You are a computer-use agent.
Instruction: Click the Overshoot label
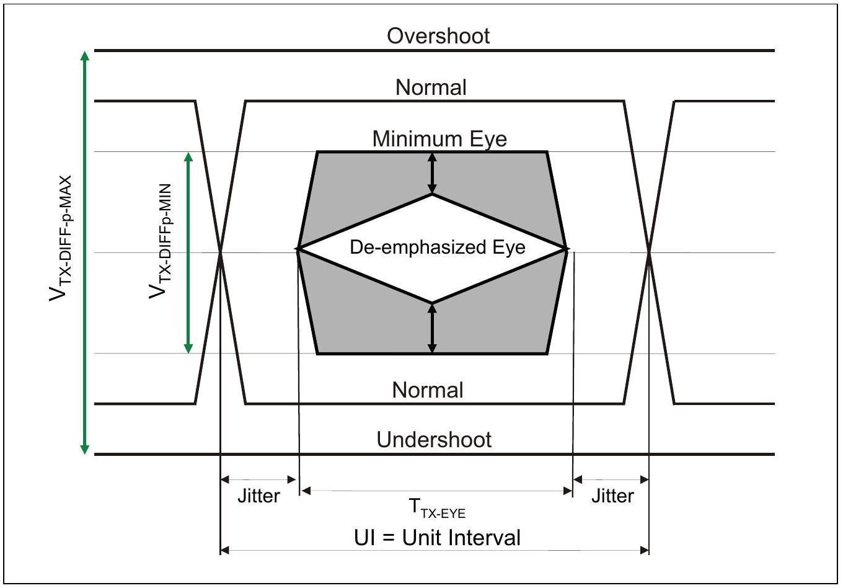click(438, 36)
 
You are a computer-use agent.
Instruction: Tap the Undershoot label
click(434, 440)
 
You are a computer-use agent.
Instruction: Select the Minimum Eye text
click(439, 138)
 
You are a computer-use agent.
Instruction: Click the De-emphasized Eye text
click(438, 247)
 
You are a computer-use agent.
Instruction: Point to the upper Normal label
click(431, 87)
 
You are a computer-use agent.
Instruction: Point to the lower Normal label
click(428, 390)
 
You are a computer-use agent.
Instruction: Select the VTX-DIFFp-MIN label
click(161, 241)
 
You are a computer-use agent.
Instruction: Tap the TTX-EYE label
click(437, 508)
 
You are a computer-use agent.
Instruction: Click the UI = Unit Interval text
click(438, 538)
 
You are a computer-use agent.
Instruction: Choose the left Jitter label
click(259, 496)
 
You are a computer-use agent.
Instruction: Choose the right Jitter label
click(612, 496)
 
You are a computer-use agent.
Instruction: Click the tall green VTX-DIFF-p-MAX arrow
click(85, 252)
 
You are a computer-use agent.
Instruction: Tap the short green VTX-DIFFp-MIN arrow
click(188, 253)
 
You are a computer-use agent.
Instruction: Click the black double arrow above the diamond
click(433, 173)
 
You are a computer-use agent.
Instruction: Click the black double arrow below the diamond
click(433, 329)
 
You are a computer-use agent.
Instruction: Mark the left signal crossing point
click(220, 252)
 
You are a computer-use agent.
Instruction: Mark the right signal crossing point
click(649, 252)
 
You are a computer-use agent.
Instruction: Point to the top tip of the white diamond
click(433, 194)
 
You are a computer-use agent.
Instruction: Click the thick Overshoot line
click(435, 50)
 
